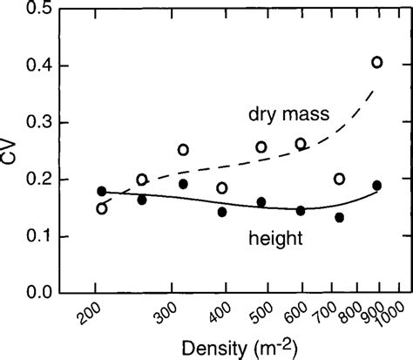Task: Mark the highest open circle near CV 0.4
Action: coord(376,62)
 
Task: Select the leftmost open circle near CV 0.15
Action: coord(102,208)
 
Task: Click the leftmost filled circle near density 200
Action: coord(102,191)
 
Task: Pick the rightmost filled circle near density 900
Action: coord(376,185)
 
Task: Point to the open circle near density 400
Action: coord(222,187)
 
